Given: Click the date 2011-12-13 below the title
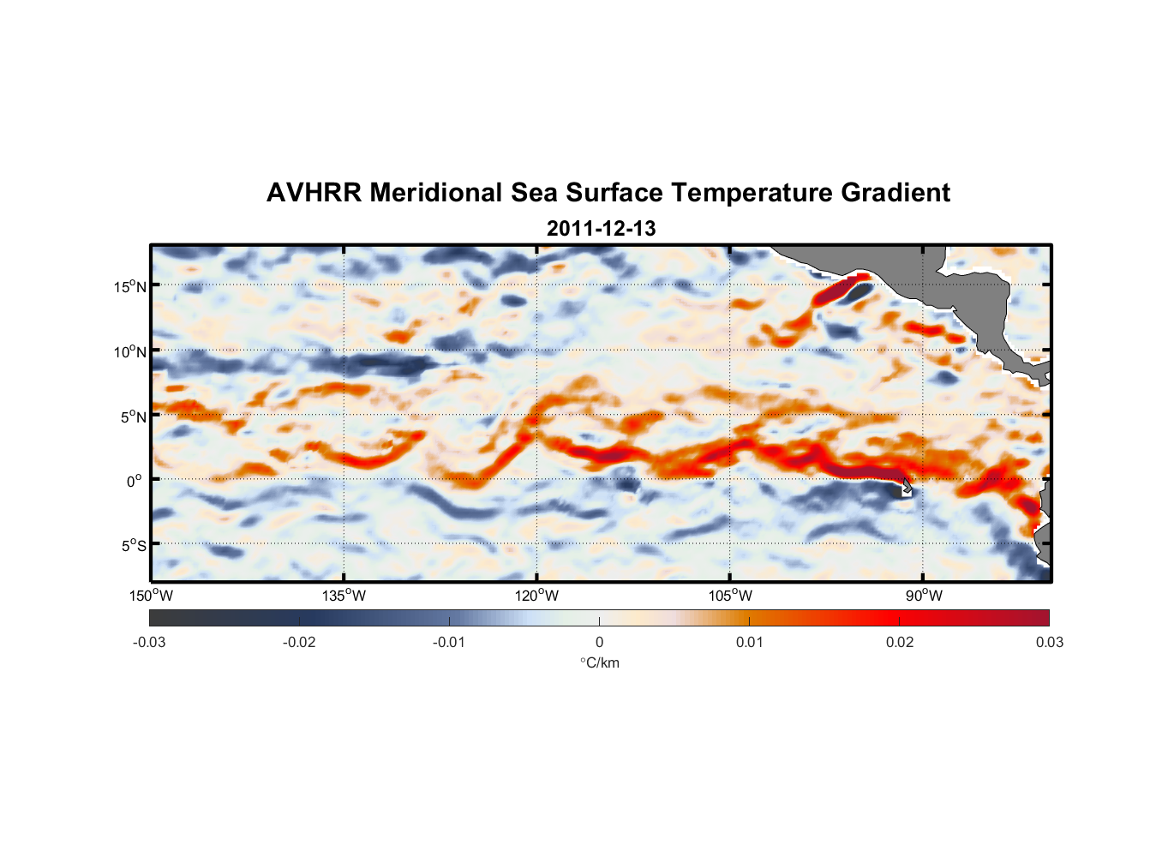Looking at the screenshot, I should coord(601,229).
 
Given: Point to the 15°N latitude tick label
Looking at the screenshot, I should coord(130,286).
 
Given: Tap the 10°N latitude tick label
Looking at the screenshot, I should coord(130,351).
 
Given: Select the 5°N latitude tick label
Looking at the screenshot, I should coord(133,417).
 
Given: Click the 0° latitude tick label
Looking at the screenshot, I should coord(135,481).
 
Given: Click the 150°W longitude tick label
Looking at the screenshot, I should coord(151,596).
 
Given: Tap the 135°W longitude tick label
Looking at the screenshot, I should coord(344,596).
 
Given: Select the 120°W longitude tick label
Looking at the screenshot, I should coord(536,596).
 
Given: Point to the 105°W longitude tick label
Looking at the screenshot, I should coord(730,596).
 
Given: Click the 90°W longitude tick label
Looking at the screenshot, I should coord(923,596).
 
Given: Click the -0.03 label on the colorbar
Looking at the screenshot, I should coord(149,643).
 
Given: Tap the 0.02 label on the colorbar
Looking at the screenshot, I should coord(899,643).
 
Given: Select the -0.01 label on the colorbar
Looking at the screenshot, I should coord(449,643).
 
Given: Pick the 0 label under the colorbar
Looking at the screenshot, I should coord(599,643).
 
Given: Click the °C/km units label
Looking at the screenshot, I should coord(599,663).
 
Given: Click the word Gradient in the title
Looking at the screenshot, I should coord(895,193).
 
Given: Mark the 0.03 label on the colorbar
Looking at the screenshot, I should coord(1049,643).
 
